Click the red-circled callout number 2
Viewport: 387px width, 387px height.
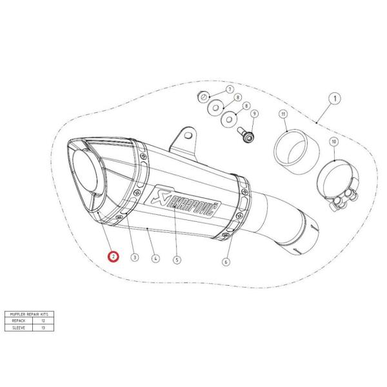[x=113, y=257]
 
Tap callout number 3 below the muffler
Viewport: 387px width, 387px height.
[x=134, y=257]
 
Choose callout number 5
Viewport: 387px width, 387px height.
[x=177, y=260]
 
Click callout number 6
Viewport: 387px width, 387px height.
[x=226, y=261]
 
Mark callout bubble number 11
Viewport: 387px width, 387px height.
[x=283, y=114]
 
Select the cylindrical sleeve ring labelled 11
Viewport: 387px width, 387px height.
[x=288, y=151]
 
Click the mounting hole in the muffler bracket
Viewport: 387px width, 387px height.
[x=188, y=134]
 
